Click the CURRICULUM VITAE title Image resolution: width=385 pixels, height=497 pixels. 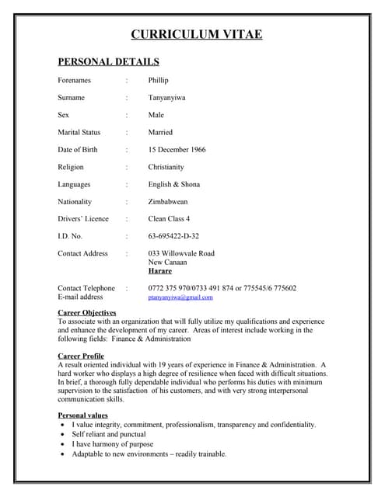(x=196, y=33)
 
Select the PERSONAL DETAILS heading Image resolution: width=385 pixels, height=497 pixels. (x=108, y=61)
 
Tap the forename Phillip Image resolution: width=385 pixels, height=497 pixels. (x=158, y=81)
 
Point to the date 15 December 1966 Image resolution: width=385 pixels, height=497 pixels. (x=177, y=150)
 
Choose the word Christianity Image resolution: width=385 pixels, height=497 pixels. (x=166, y=167)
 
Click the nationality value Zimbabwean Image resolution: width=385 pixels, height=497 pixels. (x=169, y=202)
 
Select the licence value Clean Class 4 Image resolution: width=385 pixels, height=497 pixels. (x=169, y=219)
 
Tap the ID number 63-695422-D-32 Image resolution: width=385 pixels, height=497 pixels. (x=173, y=236)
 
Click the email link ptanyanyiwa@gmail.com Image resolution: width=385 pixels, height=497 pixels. (x=180, y=297)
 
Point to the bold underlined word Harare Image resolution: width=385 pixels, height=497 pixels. (x=160, y=272)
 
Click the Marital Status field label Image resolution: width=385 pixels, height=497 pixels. (x=79, y=133)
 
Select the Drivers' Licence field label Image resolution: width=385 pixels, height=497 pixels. (x=83, y=219)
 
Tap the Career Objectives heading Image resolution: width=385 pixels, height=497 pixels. (x=87, y=312)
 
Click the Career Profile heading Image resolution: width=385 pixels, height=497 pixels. (x=81, y=356)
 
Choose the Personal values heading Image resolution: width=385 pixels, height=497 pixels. (x=82, y=416)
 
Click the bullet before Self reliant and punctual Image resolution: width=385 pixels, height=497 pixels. (x=63, y=435)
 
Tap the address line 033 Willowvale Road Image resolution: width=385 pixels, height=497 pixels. (x=181, y=254)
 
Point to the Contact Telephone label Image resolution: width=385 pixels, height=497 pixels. (x=86, y=288)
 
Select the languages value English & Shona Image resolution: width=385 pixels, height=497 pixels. (x=173, y=185)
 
